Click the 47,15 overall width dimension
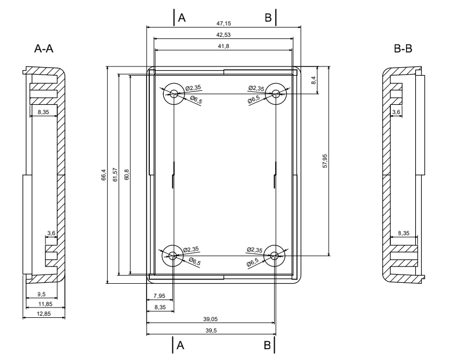223,24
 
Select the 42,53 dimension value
223,35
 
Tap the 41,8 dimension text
223,46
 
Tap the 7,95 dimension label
159,296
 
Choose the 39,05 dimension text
211,320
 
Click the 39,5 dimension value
211,331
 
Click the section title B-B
403,49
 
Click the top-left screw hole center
174,94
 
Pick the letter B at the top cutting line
268,18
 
